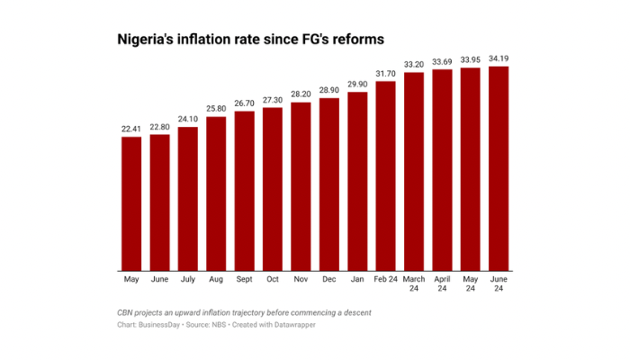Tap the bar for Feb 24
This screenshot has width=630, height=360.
(x=386, y=175)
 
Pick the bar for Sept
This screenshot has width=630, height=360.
(x=245, y=191)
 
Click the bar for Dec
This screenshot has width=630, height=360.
(x=329, y=184)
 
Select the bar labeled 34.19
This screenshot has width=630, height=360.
(x=499, y=168)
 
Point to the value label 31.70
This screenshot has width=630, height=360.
(x=386, y=73)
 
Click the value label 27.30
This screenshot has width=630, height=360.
(x=273, y=99)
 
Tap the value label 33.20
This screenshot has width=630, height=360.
(x=414, y=64)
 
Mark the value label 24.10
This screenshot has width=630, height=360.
(x=188, y=118)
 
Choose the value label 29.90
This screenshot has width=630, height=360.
(x=357, y=84)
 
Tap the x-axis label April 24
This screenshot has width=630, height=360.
(x=442, y=286)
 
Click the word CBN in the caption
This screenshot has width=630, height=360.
(x=129, y=311)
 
